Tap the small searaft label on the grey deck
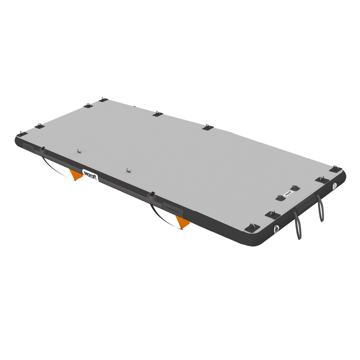coord(288,192)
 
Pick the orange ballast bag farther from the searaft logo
coord(183,222)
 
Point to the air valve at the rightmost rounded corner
coord(334,185)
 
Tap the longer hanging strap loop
coord(297,226)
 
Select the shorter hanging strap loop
coord(320,209)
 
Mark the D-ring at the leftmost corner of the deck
coord(23,133)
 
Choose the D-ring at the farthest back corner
coord(103,99)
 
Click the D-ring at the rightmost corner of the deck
coord(336,168)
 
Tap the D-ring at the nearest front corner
coord(252,227)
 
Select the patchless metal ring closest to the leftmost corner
coord(79,151)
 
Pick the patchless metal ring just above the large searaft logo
coord(127,168)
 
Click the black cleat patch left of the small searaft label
coord(280,198)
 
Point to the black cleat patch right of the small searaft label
coord(295,188)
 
